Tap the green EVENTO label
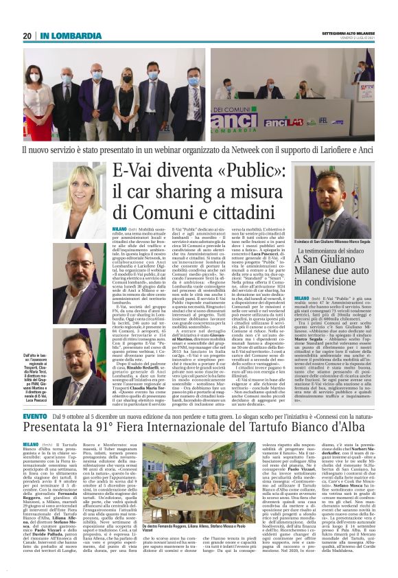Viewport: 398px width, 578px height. [x=36, y=416]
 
